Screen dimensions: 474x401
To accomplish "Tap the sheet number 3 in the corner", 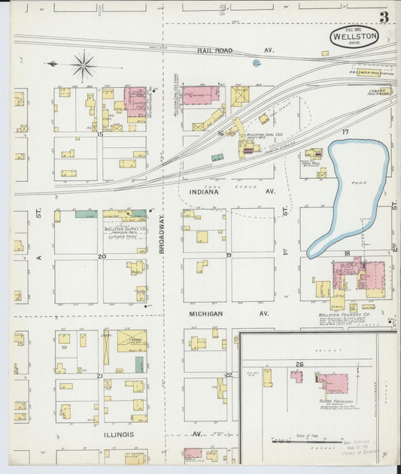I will [x=384, y=17].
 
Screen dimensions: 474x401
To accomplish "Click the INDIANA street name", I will [x=203, y=192].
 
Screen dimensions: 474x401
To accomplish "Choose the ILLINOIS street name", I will [x=119, y=434].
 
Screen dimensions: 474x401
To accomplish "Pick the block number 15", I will [x=100, y=134].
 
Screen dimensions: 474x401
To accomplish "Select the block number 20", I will [x=102, y=256].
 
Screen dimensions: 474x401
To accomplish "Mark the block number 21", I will [x=99, y=375].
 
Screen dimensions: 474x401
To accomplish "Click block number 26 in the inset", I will [x=299, y=364].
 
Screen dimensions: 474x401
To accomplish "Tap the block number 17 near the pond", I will [x=345, y=132].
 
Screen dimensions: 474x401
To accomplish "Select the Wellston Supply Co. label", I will [x=125, y=228].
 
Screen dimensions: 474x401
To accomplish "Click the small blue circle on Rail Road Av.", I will [x=256, y=63].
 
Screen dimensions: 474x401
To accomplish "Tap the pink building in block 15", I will [x=136, y=101].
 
